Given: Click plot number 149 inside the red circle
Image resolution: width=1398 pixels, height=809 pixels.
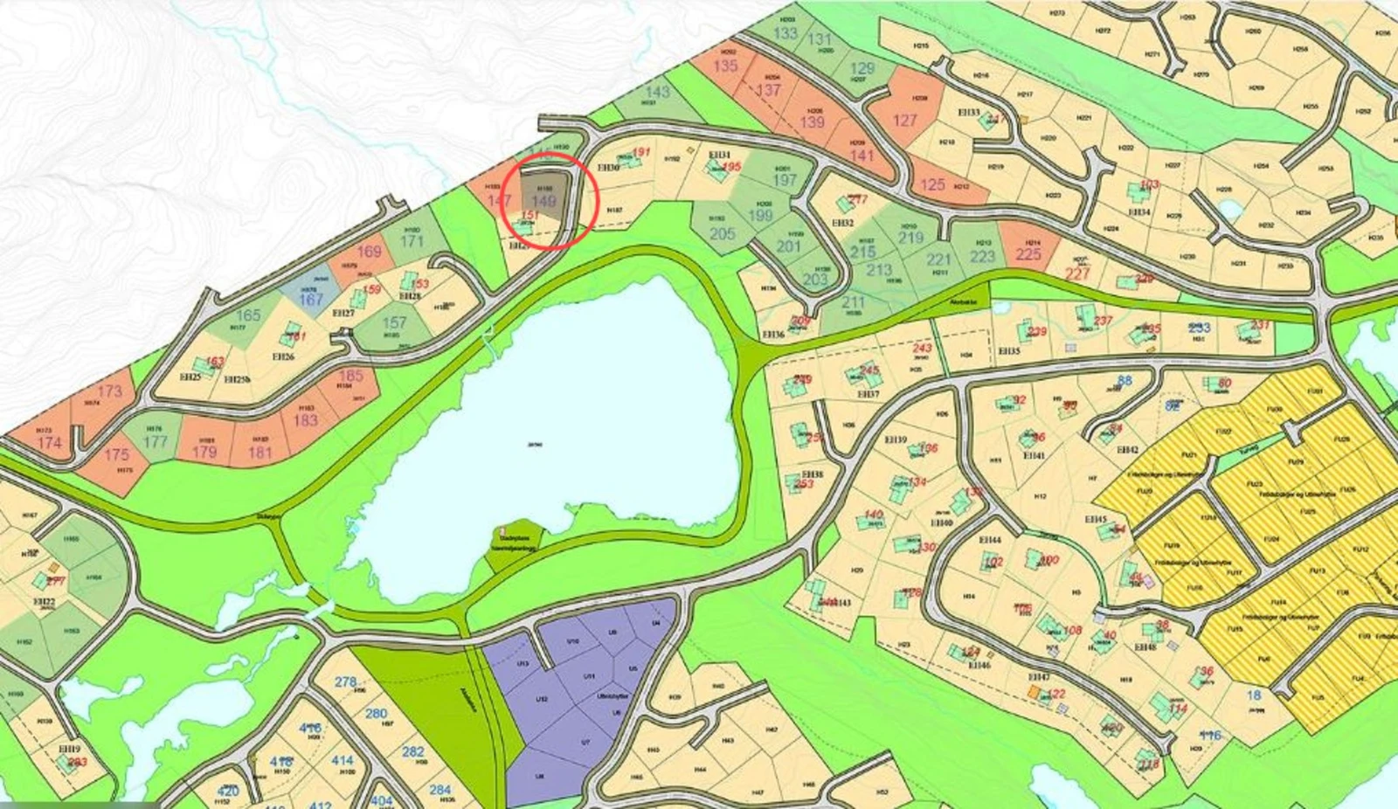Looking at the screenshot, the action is [x=543, y=202].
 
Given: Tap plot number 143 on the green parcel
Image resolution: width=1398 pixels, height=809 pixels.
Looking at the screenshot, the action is [x=657, y=92].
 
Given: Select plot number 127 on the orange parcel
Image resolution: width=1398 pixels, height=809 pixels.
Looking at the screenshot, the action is [x=905, y=120].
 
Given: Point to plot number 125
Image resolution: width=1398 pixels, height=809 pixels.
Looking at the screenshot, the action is [x=932, y=184].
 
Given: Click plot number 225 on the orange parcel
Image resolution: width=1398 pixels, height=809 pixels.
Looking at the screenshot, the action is [x=1028, y=254].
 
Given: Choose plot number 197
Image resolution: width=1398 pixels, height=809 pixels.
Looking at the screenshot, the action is [x=785, y=180].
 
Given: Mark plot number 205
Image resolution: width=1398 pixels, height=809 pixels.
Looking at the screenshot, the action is [x=723, y=233].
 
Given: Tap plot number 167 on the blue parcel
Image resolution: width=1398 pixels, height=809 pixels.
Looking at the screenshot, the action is [x=311, y=299].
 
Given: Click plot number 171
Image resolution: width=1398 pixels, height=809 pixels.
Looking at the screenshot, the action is [x=412, y=241].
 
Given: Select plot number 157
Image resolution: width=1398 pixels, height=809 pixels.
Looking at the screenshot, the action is [x=394, y=323].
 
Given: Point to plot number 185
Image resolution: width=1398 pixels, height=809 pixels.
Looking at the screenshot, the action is [x=350, y=377].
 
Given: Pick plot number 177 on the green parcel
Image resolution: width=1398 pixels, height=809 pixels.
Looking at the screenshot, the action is [x=155, y=441].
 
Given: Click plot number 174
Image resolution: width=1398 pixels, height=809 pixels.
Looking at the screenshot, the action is [x=50, y=443].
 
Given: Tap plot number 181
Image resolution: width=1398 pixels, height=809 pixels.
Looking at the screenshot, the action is [x=260, y=453].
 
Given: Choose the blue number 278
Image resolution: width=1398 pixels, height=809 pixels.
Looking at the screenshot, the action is [x=346, y=681].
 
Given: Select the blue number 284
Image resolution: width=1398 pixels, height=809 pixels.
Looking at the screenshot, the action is [x=440, y=790].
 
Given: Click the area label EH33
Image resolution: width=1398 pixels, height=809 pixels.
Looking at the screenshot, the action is [x=968, y=113].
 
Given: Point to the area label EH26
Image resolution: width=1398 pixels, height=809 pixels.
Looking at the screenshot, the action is [x=283, y=356].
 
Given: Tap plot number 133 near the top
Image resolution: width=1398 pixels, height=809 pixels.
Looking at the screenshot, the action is [x=786, y=33].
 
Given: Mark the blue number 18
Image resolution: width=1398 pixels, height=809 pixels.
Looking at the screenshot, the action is [x=1255, y=695].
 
